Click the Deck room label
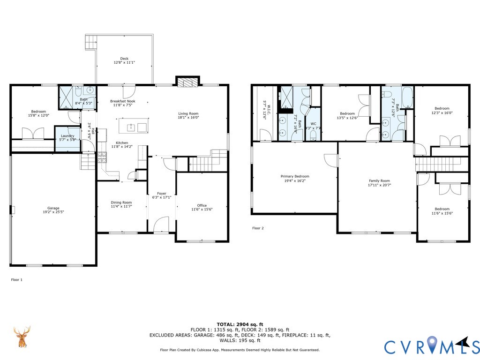click(x=124, y=59)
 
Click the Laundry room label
click(x=67, y=136)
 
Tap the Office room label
click(x=202, y=205)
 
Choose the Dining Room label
click(x=121, y=202)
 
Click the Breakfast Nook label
click(x=123, y=101)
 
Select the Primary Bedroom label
click(x=295, y=176)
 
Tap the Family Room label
click(x=379, y=181)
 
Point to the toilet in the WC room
click(x=313, y=135)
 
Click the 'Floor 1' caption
click(x=16, y=280)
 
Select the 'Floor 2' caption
click(x=258, y=228)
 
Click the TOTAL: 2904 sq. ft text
click(x=240, y=324)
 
